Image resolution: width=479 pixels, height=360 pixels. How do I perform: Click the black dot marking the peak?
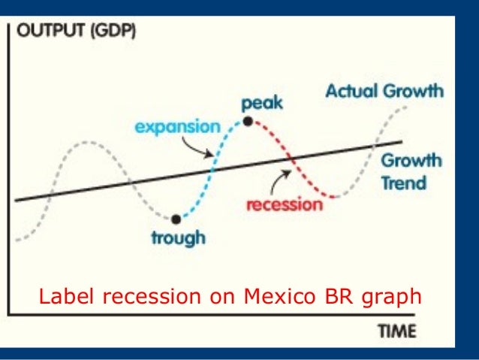pyautogui.click(x=246, y=119)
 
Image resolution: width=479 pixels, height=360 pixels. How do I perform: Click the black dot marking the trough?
pyautogui.click(x=176, y=219)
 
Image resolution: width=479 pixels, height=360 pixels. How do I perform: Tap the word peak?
pyautogui.click(x=262, y=103)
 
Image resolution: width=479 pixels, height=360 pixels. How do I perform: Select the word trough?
pyautogui.click(x=177, y=239)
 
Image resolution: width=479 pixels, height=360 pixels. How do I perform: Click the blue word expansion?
pyautogui.click(x=177, y=126)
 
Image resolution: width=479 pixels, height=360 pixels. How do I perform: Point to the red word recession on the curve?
pyautogui.click(x=285, y=204)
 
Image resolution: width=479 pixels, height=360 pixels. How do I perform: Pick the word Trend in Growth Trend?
pyautogui.click(x=403, y=183)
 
